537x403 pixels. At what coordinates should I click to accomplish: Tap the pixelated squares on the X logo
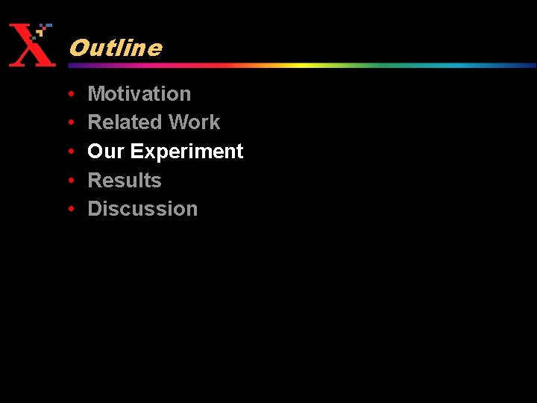43,31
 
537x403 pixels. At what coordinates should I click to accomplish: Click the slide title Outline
115,48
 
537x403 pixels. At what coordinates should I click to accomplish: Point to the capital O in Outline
78,48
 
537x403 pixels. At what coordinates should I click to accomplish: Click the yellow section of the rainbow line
298,65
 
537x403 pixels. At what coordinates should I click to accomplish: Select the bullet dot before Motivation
69,94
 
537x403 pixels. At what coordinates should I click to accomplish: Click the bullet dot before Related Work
69,122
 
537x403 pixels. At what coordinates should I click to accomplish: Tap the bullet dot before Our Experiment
69,151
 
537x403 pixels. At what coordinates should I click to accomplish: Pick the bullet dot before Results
69,181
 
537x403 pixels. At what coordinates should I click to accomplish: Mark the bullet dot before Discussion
69,209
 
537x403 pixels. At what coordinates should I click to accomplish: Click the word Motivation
139,94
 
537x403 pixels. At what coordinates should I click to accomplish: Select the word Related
125,122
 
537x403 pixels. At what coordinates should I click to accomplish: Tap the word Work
195,122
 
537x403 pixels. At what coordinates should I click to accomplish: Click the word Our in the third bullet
106,151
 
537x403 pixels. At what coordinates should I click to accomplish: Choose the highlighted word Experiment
187,152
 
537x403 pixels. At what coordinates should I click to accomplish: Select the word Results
125,181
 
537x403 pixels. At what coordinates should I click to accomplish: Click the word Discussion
142,209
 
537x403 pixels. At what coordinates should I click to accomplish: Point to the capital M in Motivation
96,94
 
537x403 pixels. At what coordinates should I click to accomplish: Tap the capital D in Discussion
95,209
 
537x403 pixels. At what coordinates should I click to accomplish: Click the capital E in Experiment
136,151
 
